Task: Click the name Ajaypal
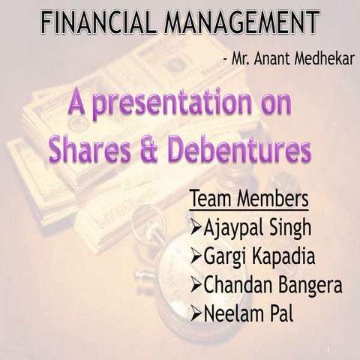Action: point(234,228)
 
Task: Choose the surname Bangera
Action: point(310,286)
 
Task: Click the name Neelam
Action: point(233,313)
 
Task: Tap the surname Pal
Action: point(283,313)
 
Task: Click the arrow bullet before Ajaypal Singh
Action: point(196,227)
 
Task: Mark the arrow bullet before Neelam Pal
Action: point(196,313)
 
